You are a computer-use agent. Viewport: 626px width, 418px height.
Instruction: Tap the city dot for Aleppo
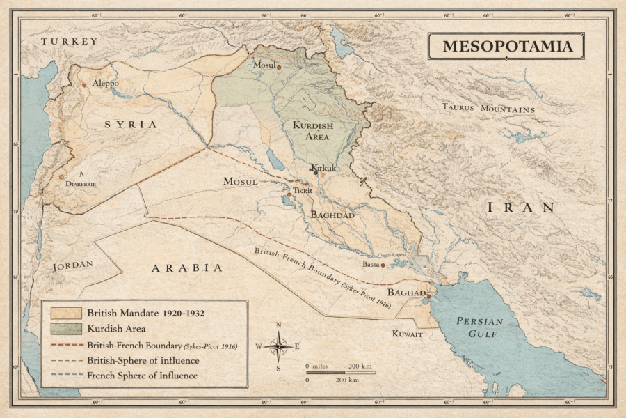84,85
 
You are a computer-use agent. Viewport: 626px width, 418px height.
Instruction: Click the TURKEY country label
70,42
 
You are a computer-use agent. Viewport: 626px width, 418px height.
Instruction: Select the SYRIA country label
131,124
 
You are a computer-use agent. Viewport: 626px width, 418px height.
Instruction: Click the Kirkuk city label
324,169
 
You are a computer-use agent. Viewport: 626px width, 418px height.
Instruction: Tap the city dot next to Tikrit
290,194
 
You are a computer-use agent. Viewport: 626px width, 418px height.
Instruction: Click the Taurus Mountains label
489,109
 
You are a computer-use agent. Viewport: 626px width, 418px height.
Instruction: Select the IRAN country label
522,207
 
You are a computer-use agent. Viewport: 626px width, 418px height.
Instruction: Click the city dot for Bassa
383,265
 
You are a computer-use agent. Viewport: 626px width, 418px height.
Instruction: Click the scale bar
340,373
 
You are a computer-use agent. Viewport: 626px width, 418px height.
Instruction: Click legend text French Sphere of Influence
142,376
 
